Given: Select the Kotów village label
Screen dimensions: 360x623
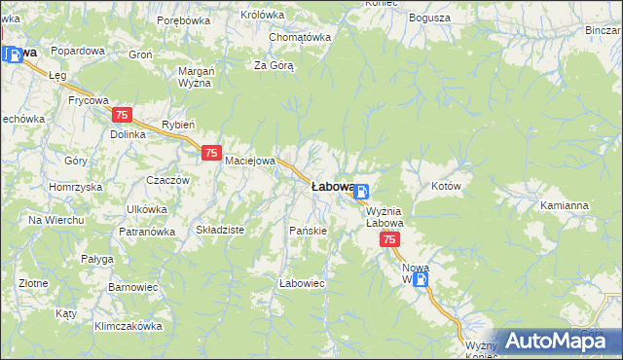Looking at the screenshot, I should pos(445,185).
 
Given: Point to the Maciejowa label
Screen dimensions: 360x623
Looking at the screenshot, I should pos(251,161).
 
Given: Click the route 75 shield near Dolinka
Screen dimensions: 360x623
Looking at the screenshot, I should pos(122,115).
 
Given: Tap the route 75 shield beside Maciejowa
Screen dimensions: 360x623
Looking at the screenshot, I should pos(211,153).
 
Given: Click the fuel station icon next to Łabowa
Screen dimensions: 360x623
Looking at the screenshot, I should pos(361,192).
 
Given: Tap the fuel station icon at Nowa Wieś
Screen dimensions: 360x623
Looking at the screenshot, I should pos(420,279).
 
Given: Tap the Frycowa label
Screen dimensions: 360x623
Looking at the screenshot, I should pos(88,99).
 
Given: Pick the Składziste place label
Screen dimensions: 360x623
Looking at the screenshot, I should pos(220,230).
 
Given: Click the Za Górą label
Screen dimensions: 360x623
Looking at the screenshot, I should pos(274,65).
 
